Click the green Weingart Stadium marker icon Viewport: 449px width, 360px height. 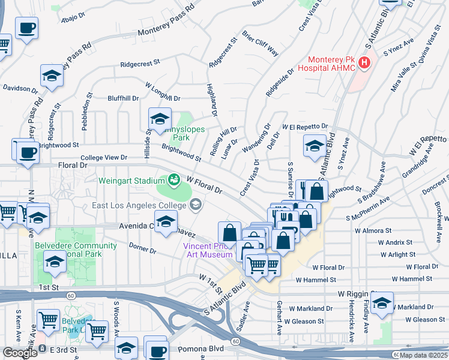click(x=174, y=179)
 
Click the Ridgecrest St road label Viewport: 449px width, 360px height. click(x=140, y=62)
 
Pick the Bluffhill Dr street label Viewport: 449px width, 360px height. click(x=123, y=98)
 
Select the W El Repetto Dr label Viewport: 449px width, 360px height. click(x=306, y=127)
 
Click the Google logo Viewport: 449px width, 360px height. click(x=20, y=353)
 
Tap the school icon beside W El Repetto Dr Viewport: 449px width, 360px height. click(x=315, y=146)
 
